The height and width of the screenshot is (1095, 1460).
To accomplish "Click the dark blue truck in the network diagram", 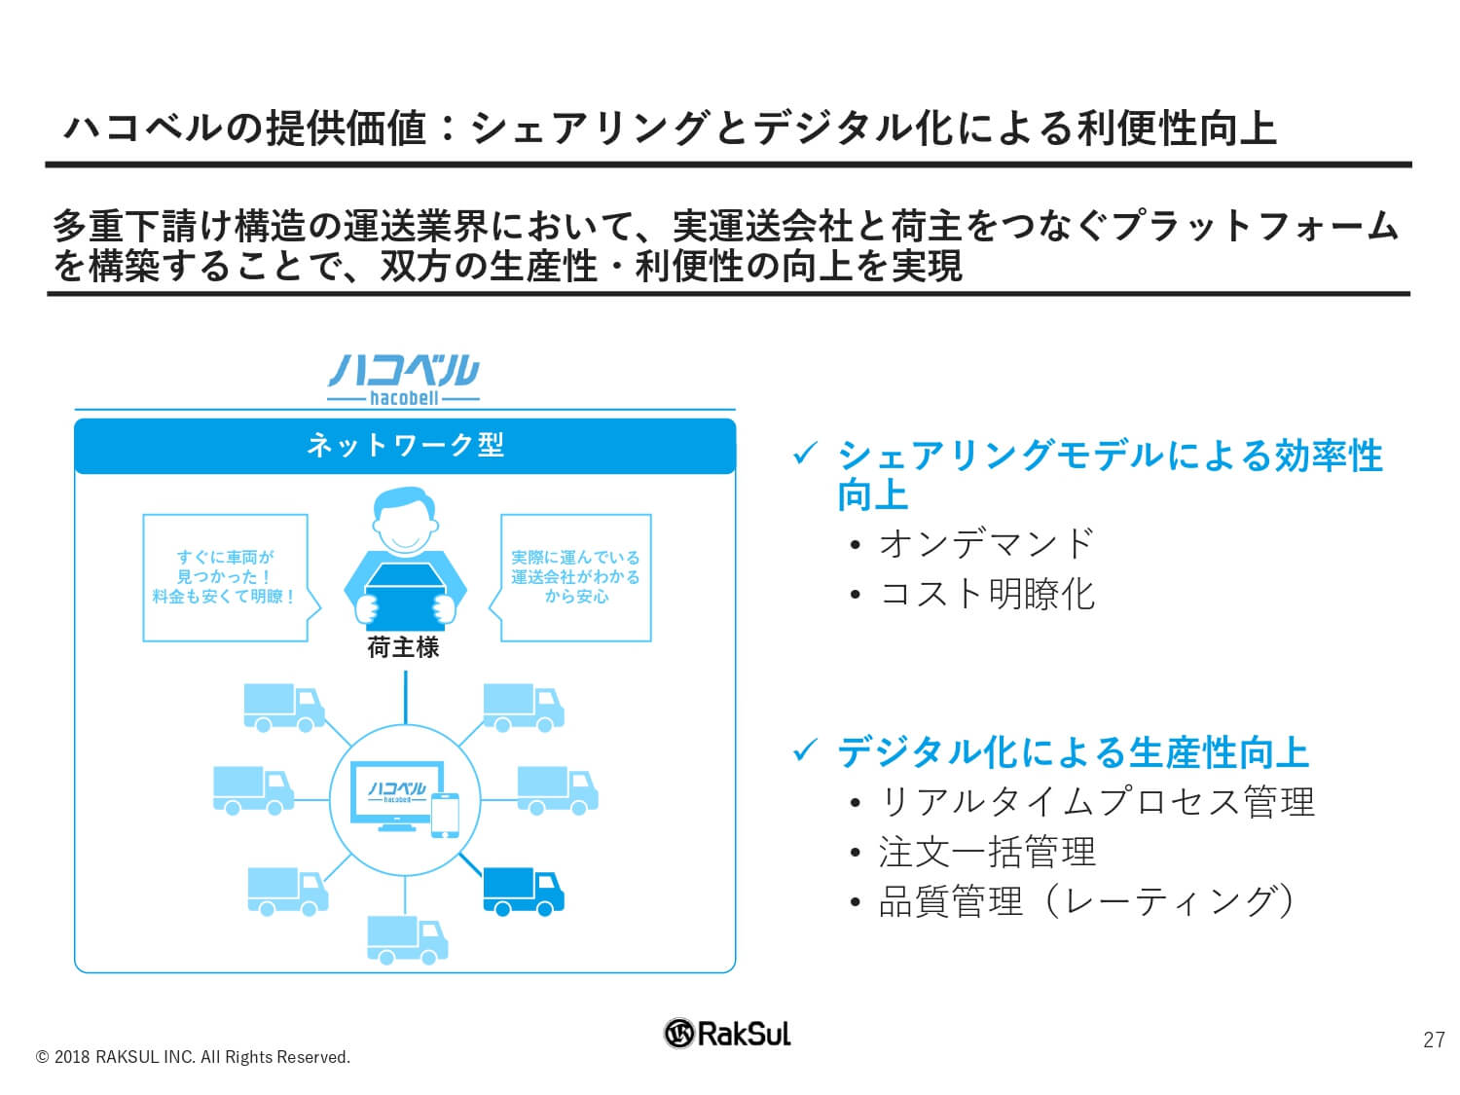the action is (523, 892).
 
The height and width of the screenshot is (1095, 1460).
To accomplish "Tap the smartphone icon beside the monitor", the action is (445, 815).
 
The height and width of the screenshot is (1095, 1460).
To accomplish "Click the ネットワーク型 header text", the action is (405, 446).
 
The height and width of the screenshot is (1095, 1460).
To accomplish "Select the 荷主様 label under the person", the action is (403, 647).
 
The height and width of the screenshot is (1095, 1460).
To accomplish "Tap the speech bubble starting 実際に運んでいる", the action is (570, 578).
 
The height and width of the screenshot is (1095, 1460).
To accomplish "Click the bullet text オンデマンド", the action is (986, 544).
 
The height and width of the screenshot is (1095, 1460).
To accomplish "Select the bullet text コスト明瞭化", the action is (986, 595).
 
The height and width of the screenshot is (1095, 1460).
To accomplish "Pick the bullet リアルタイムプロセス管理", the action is (1096, 802).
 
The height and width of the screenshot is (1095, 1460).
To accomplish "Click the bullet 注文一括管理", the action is (986, 852).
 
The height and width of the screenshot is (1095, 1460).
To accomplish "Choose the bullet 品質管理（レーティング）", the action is (1087, 902).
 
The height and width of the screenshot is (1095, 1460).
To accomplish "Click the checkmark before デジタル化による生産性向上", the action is (804, 750).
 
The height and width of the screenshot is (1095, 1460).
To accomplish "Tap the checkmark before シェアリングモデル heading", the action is (804, 454).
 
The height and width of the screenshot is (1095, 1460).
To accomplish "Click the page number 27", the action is (1434, 1040).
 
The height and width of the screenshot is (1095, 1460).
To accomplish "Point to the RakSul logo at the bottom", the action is (727, 1033).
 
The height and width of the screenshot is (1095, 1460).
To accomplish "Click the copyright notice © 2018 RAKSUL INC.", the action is (193, 1057).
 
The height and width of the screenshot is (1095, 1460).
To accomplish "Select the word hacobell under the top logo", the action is (404, 398).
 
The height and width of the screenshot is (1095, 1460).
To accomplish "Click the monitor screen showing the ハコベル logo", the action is (397, 791).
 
